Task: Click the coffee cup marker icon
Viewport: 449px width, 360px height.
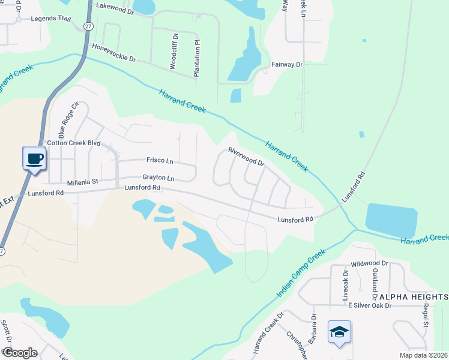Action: click(34, 158)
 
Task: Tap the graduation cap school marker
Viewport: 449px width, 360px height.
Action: click(339, 331)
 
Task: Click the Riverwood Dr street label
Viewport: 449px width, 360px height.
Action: click(246, 157)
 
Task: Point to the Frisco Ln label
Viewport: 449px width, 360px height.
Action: click(160, 160)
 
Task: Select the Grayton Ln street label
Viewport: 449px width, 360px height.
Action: click(158, 178)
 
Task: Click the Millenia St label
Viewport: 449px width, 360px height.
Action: click(82, 181)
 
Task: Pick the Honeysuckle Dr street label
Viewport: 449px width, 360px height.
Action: click(113, 53)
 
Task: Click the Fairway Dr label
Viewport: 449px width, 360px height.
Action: click(287, 64)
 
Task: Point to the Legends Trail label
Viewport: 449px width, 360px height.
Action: click(51, 19)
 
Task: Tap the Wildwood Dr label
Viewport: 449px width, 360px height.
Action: click(370, 263)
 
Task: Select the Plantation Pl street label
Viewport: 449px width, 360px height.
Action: click(196, 58)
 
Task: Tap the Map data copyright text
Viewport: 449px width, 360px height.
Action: click(424, 355)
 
